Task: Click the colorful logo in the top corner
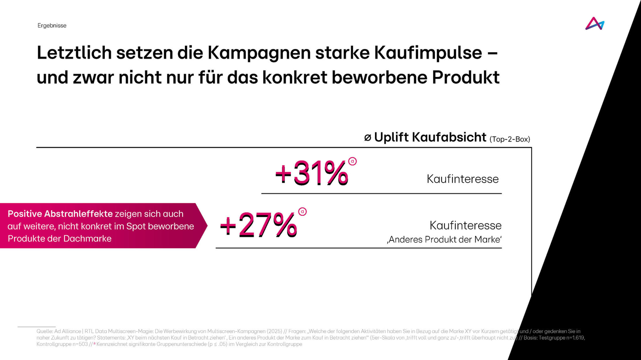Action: pyautogui.click(x=594, y=23)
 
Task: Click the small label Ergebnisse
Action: pyautogui.click(x=52, y=26)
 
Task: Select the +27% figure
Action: pyautogui.click(x=258, y=225)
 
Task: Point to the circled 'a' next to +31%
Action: pyautogui.click(x=352, y=161)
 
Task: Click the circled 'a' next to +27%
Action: pyautogui.click(x=302, y=212)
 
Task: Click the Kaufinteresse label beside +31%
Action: pyautogui.click(x=462, y=179)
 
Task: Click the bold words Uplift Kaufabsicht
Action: pyautogui.click(x=430, y=137)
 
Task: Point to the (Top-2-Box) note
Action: pyautogui.click(x=510, y=139)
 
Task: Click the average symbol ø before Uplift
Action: pyautogui.click(x=368, y=137)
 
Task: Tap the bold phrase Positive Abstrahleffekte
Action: pyautogui.click(x=60, y=214)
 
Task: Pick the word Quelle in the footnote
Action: pyautogui.click(x=44, y=331)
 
